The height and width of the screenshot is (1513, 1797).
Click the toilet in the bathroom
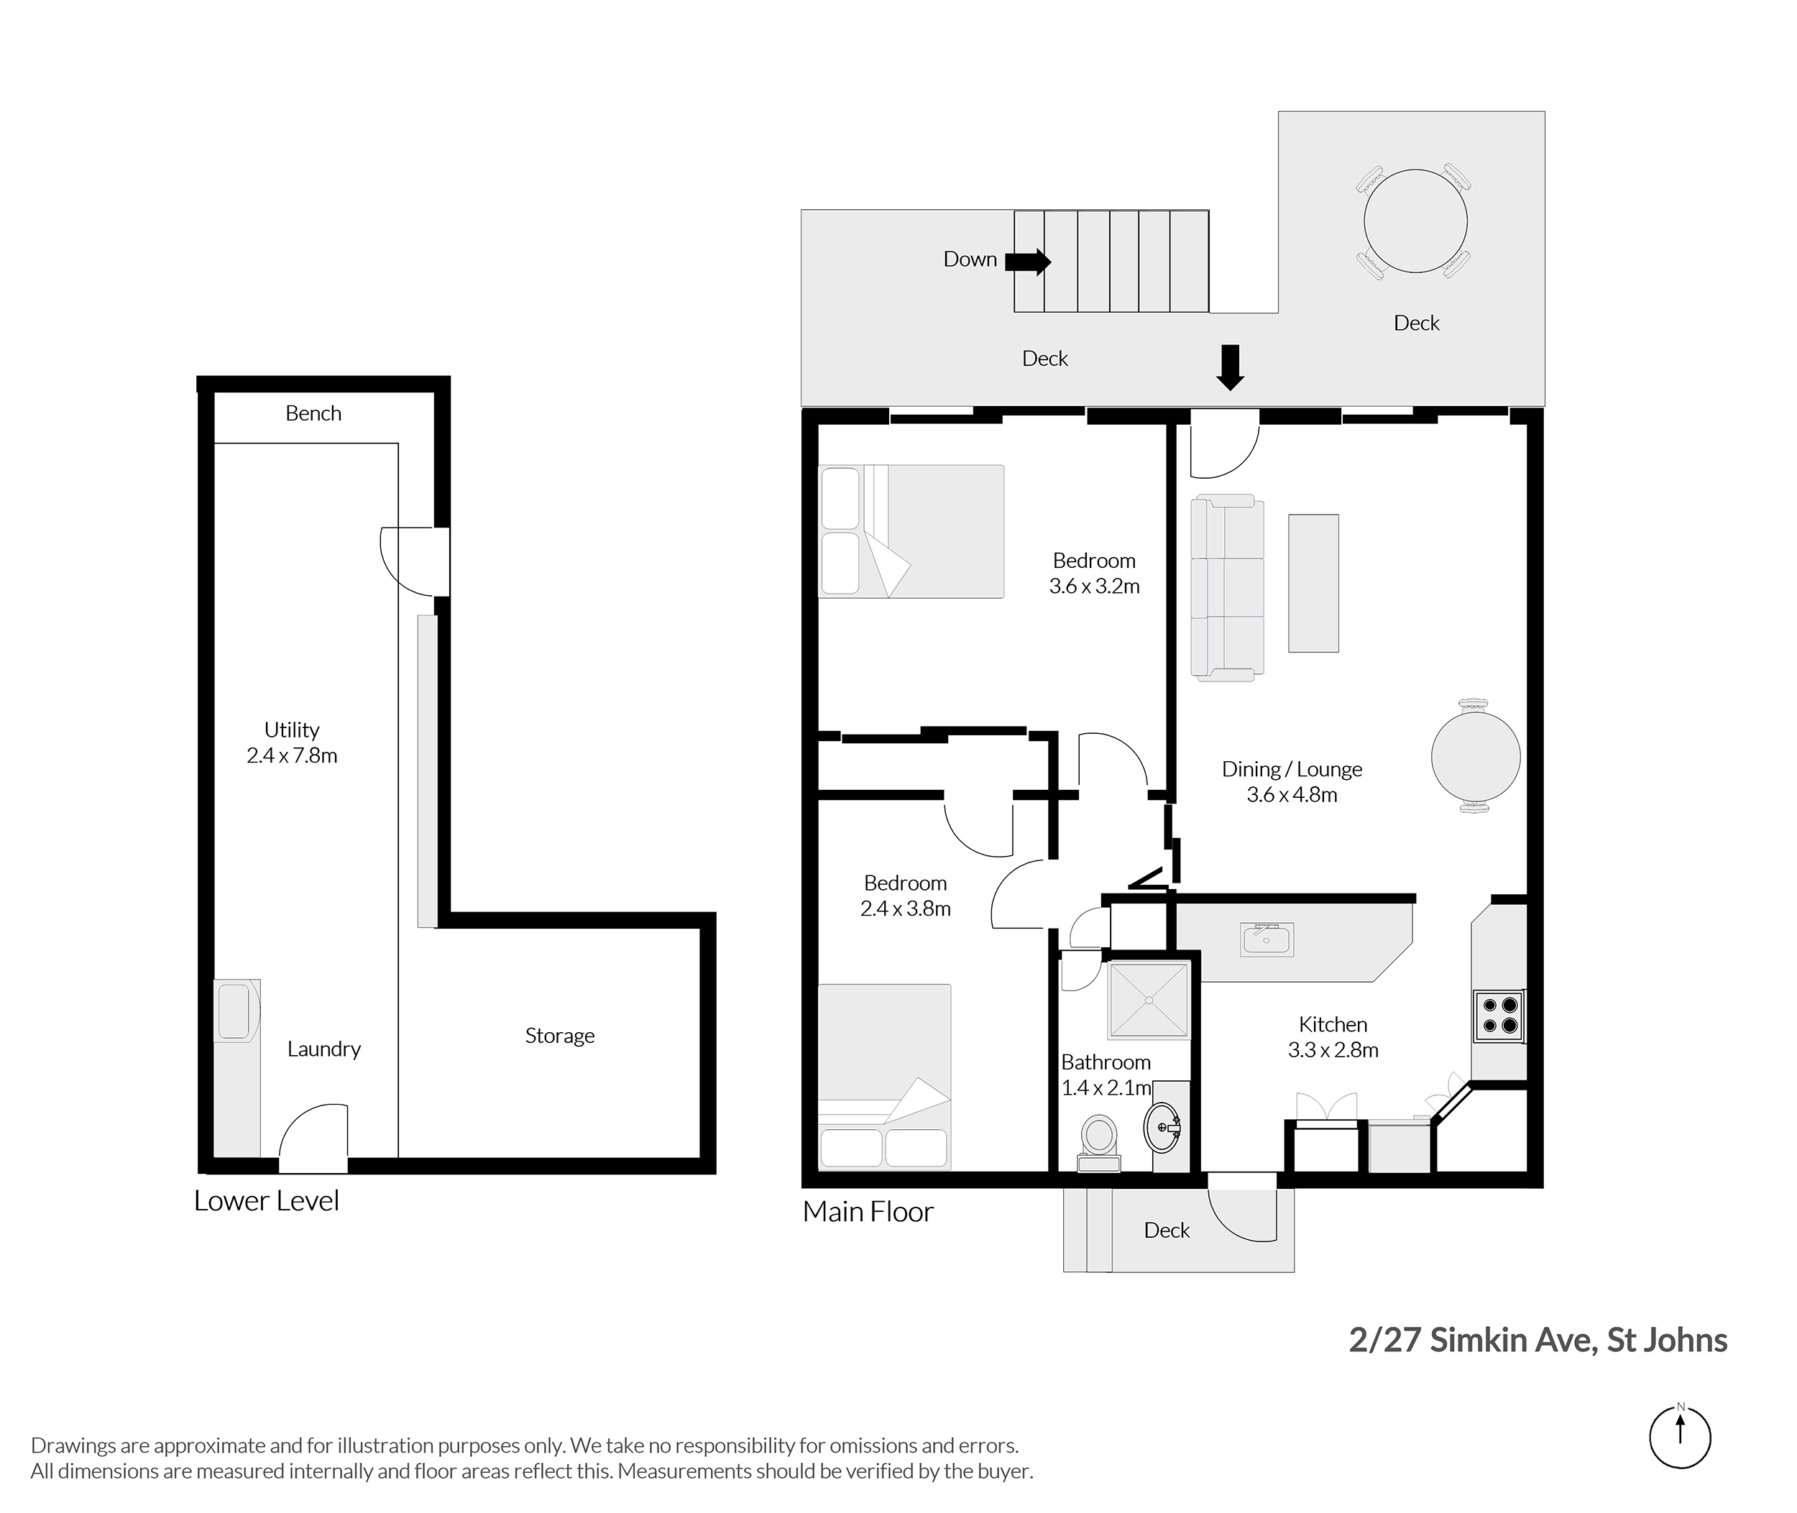(x=1099, y=1141)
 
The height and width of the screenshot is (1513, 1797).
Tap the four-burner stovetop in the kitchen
(x=1499, y=1016)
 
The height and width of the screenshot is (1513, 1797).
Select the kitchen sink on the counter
(x=1266, y=939)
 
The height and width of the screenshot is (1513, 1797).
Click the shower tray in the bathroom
(x=1148, y=1000)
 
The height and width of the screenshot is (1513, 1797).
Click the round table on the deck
(x=1415, y=221)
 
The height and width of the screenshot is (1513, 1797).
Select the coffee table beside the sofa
(x=1313, y=583)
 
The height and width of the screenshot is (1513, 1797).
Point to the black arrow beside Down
(x=1028, y=262)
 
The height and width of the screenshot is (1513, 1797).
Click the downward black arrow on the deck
(x=1231, y=367)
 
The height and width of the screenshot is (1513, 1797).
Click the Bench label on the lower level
(x=313, y=413)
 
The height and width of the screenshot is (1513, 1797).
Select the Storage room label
(x=559, y=1036)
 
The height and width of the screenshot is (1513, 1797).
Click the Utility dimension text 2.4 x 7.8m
(x=292, y=755)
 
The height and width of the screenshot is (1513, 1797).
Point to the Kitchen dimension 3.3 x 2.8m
(x=1333, y=1050)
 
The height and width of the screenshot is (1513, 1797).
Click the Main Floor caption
(x=868, y=1211)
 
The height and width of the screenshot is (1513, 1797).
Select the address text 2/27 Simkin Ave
(x=1473, y=1340)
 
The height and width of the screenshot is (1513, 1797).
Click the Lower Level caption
(x=267, y=1201)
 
